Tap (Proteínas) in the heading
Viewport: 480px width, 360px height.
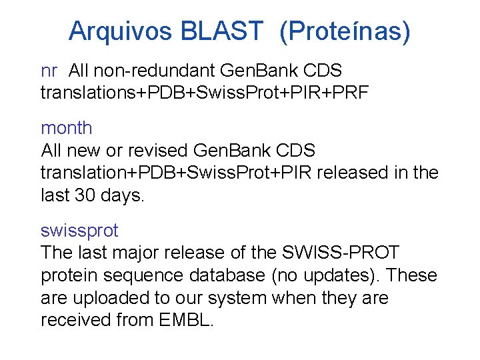[345, 31]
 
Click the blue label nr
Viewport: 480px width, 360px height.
[49, 70]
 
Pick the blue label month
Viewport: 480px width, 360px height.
[67, 127]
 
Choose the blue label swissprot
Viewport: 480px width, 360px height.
[79, 231]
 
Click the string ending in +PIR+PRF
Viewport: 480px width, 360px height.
[205, 93]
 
